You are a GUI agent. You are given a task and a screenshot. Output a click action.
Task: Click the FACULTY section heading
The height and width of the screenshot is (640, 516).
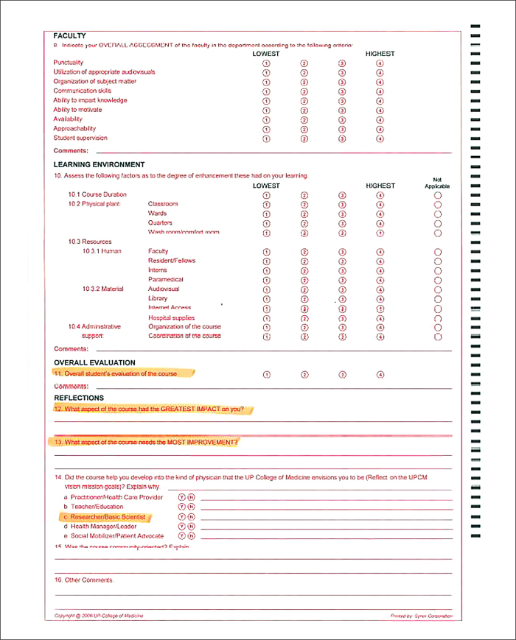pyautogui.click(x=69, y=36)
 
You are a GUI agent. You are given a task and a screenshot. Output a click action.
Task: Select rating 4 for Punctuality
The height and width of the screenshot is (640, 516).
pyautogui.click(x=380, y=63)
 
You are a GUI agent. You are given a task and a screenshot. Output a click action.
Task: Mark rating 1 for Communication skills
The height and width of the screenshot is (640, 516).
pyautogui.click(x=266, y=91)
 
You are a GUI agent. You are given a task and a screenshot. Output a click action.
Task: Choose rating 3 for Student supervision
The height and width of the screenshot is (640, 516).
pyautogui.click(x=342, y=138)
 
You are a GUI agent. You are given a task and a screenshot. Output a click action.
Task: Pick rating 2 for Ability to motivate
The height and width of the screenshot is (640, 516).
pyautogui.click(x=304, y=110)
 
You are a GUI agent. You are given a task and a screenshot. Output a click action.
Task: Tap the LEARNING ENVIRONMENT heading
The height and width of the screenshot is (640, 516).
pyautogui.click(x=99, y=165)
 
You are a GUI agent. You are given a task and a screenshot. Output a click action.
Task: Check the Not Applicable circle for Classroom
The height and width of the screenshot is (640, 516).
pyautogui.click(x=438, y=205)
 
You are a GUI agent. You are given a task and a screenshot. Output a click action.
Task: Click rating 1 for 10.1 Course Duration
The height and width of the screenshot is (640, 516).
pyautogui.click(x=266, y=195)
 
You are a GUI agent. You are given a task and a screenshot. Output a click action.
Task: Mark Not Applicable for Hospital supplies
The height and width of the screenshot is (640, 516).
pyautogui.click(x=438, y=318)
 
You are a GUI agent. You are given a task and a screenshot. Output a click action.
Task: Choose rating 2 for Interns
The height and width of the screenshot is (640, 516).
pyautogui.click(x=304, y=270)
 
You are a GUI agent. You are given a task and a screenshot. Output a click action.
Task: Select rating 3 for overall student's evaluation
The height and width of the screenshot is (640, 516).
pyautogui.click(x=342, y=375)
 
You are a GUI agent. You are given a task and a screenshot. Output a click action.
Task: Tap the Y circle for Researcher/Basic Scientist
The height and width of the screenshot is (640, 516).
pyautogui.click(x=182, y=517)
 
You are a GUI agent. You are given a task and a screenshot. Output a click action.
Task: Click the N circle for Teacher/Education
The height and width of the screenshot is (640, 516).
pyautogui.click(x=191, y=507)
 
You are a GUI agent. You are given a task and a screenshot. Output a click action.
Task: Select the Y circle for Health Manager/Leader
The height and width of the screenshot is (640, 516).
pyautogui.click(x=182, y=527)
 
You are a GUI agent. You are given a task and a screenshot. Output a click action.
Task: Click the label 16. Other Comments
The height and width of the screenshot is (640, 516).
pyautogui.click(x=84, y=580)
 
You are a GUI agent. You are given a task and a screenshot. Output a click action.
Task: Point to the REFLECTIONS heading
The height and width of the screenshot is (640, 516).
pyautogui.click(x=79, y=398)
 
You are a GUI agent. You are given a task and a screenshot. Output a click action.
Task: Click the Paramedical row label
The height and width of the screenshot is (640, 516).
pyautogui.click(x=166, y=280)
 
